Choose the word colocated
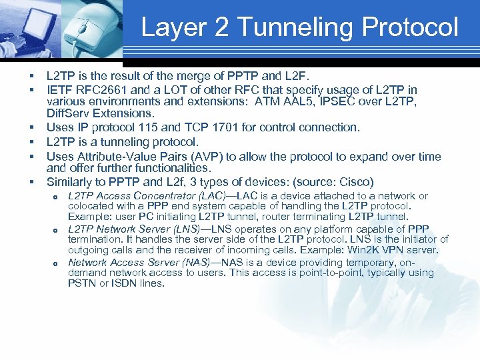pos(91,207)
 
